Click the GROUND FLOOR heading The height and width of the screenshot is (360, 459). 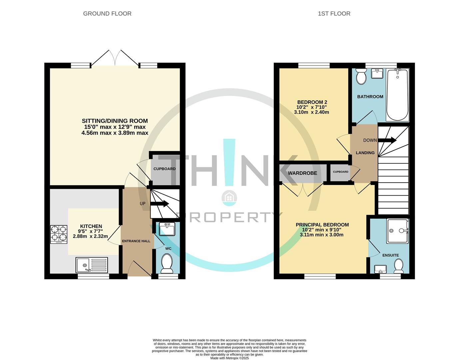pos(107,14)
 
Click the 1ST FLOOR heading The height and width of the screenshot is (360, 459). pos(334,14)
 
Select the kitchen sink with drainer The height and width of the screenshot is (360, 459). pos(92,265)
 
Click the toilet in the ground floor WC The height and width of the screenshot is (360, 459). pos(166,263)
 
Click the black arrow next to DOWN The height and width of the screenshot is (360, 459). pos(387,140)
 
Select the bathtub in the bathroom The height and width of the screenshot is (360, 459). pos(397,95)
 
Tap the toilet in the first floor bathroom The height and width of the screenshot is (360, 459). pos(361,77)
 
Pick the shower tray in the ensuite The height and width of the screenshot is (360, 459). pos(397,231)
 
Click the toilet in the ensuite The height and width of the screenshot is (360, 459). pos(398,266)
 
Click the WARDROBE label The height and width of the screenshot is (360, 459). pos(302,173)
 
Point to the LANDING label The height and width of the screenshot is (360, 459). pos(365,153)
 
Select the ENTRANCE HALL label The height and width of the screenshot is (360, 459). pos(136,241)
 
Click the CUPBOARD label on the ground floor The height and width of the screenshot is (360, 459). pos(165,169)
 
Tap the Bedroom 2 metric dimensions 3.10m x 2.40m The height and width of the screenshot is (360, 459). pos(311,112)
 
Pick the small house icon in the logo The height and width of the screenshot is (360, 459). pos(229,197)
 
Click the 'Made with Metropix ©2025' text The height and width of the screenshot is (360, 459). pos(230,358)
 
